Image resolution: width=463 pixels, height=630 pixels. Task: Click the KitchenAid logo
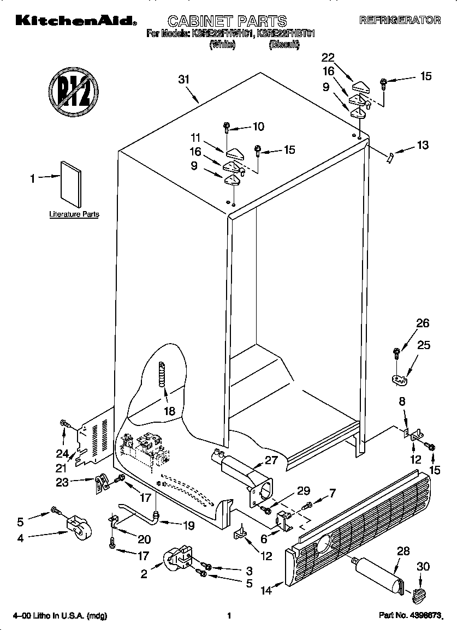(75, 21)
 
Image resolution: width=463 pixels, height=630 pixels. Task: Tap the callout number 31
(184, 79)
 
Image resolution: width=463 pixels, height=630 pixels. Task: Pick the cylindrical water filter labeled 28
(378, 575)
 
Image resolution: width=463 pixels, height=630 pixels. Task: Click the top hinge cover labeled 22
(362, 85)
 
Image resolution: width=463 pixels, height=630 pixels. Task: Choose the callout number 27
(271, 460)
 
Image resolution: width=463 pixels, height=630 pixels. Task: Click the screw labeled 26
(395, 353)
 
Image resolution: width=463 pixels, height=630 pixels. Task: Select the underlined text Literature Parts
(74, 214)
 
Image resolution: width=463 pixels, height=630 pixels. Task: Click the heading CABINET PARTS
(227, 21)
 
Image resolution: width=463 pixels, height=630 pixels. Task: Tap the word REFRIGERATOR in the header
(400, 20)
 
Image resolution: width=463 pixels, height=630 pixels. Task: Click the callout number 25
(424, 345)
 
